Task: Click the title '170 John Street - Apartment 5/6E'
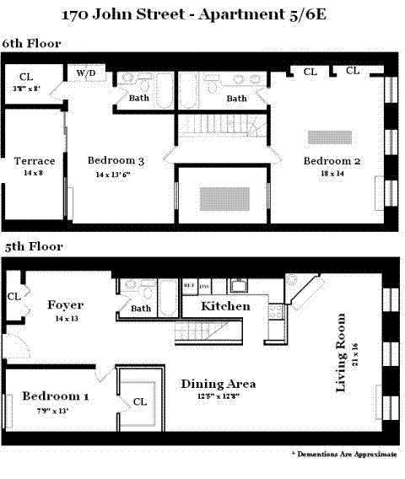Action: [203, 14]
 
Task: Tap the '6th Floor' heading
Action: [32, 44]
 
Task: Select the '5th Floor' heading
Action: [32, 247]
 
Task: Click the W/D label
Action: [86, 73]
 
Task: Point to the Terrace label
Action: [35, 161]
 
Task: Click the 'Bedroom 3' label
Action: [116, 160]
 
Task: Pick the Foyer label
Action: [65, 304]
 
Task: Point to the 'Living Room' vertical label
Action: [341, 353]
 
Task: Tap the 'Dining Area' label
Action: [218, 384]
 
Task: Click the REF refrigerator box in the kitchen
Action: [190, 285]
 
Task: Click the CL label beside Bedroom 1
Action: [140, 402]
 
